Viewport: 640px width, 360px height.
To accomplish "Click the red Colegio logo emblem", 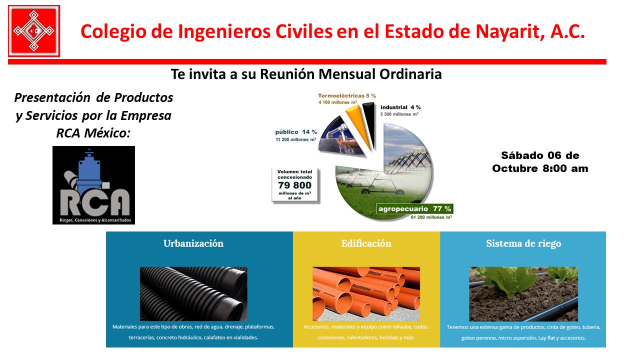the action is pyautogui.click(x=34, y=31).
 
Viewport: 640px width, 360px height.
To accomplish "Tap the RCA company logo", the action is pyautogui.click(x=93, y=185).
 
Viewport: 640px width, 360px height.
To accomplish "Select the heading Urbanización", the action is pyautogui.click(x=193, y=243).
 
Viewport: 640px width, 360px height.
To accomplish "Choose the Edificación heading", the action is pyautogui.click(x=366, y=243).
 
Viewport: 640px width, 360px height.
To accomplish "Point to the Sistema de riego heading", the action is pyautogui.click(x=523, y=243).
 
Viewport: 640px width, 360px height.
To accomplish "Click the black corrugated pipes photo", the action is pyautogui.click(x=193, y=293).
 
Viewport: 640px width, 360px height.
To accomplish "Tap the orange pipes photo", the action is pyautogui.click(x=366, y=293).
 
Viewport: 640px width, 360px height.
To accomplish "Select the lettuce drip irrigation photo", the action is pyautogui.click(x=523, y=294).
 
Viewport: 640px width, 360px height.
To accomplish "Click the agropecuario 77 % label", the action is pyautogui.click(x=414, y=209).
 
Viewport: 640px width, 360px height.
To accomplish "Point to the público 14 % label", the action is pyautogui.click(x=296, y=132).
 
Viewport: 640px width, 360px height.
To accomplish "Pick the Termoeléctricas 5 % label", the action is pyautogui.click(x=347, y=95).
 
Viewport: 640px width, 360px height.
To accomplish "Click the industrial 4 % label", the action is pyautogui.click(x=400, y=107).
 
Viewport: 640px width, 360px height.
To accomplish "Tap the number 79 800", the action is pyautogui.click(x=294, y=185).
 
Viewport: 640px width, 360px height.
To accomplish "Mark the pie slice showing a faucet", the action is pyautogui.click(x=340, y=137).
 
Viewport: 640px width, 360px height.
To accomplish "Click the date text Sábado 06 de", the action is pyautogui.click(x=540, y=155).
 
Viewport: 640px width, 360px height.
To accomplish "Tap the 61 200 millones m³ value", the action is pyautogui.click(x=431, y=217).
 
